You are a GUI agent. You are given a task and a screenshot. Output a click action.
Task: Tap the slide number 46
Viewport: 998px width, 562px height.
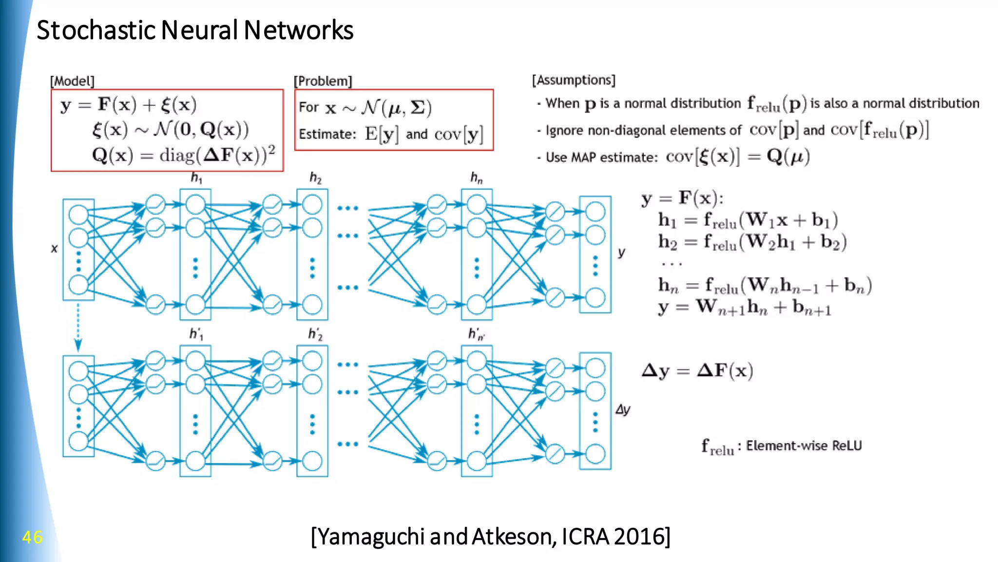32,537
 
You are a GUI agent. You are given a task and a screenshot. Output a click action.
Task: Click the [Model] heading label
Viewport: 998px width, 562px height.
72,81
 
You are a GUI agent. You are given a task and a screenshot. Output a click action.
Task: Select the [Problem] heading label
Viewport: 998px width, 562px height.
323,81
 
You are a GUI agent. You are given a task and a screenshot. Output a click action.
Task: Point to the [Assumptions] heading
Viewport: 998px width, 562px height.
574,80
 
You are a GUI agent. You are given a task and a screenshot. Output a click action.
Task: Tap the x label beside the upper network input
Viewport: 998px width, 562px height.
54,249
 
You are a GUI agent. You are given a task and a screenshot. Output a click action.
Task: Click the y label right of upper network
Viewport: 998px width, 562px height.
621,252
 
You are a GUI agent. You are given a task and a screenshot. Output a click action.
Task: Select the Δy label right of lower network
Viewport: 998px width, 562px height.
623,409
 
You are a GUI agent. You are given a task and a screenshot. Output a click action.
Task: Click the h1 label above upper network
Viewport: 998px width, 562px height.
196,177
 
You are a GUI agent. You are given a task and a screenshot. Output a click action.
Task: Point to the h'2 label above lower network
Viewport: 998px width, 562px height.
315,334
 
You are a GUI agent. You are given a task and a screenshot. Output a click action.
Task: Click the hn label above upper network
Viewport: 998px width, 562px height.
476,177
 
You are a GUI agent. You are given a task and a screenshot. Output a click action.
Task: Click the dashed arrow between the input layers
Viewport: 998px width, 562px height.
78,327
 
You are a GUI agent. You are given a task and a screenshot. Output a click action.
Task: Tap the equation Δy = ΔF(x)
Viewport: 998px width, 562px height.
697,370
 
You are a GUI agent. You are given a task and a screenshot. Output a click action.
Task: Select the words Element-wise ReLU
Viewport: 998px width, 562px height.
804,446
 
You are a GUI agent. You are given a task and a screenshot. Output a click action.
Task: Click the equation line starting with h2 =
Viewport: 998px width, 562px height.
752,242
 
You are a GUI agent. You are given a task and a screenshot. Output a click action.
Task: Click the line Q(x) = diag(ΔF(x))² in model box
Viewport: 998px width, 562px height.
183,155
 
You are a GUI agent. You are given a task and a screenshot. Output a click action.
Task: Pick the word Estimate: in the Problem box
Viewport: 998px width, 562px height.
327,134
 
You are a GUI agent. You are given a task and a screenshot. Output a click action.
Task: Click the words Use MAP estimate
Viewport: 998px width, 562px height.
601,157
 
